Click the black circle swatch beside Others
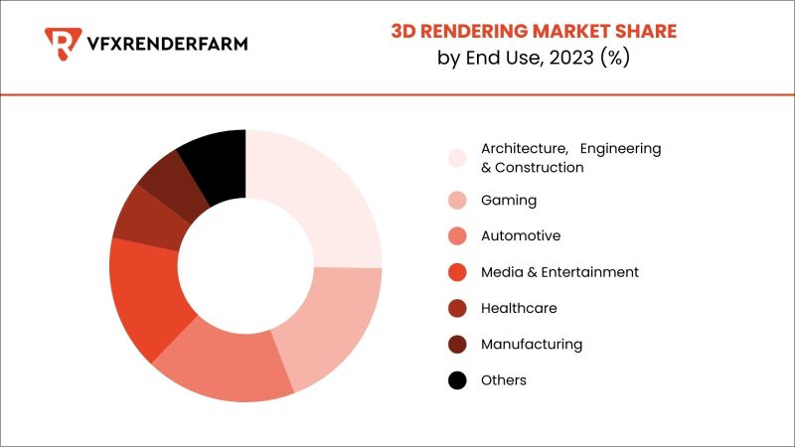pyautogui.click(x=457, y=380)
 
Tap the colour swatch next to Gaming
pyautogui.click(x=457, y=201)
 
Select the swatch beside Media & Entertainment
pyautogui.click(x=457, y=272)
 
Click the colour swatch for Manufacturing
pyautogui.click(x=457, y=345)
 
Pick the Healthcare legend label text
pyautogui.click(x=519, y=308)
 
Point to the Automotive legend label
pyautogui.click(x=521, y=236)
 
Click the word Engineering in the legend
pyautogui.click(x=620, y=148)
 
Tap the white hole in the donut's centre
pyautogui.click(x=245, y=266)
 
